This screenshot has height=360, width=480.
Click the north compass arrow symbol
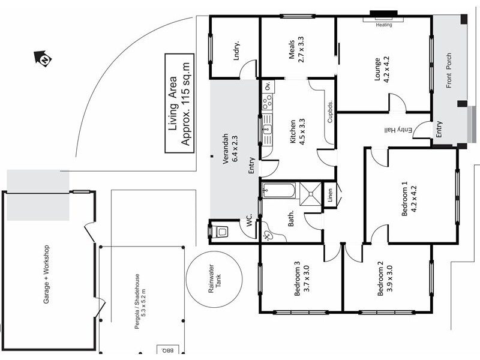click(x=43, y=58)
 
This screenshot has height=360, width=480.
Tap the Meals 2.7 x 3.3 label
click(x=296, y=52)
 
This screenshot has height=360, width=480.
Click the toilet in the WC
click(x=220, y=230)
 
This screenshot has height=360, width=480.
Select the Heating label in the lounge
click(x=384, y=25)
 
